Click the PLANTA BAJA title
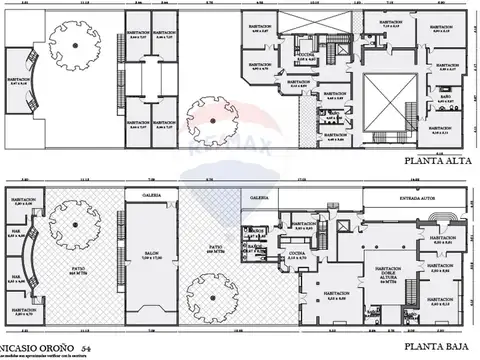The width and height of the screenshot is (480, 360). click(x=433, y=345)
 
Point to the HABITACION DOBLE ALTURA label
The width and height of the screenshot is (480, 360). click(x=381, y=275)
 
